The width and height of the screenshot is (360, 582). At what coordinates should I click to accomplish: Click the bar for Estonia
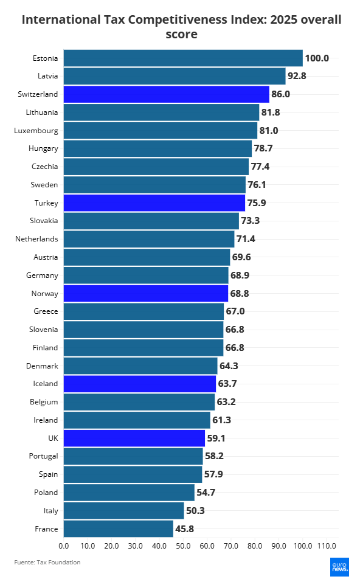[182, 58]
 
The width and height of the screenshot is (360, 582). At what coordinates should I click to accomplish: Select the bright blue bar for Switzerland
[166, 94]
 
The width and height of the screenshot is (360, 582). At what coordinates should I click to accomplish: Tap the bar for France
[118, 528]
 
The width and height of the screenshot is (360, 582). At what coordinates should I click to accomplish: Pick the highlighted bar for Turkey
[154, 203]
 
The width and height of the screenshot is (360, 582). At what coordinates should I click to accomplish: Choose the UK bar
[134, 438]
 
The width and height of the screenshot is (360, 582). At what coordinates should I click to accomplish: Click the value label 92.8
[297, 77]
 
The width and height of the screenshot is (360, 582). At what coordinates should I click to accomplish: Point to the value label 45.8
[184, 528]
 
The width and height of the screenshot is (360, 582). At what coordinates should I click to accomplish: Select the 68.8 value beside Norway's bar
[239, 294]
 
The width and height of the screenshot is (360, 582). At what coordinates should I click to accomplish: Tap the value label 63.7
[227, 384]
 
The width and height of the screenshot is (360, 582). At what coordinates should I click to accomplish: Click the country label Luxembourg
[36, 131]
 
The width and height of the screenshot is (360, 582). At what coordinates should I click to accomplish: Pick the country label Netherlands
[36, 239]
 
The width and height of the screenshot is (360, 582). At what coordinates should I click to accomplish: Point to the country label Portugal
[43, 456]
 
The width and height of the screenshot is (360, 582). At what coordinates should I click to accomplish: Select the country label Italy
[50, 510]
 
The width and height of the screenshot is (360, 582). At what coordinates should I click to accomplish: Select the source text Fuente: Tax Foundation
[47, 563]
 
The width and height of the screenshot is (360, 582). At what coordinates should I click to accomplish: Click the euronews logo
[339, 566]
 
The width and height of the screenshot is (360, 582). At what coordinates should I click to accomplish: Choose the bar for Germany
[145, 275]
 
